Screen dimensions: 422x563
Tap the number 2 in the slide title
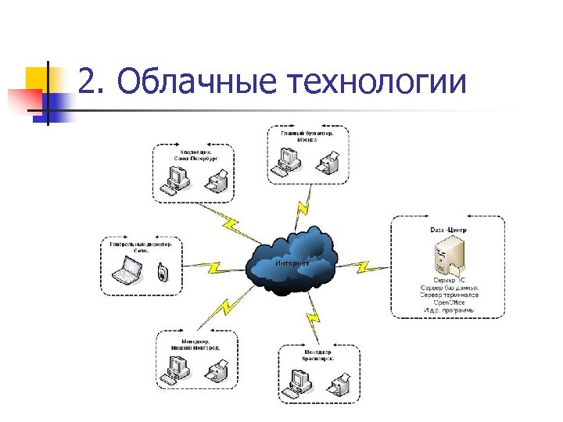(x=88, y=82)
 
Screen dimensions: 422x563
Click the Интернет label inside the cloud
(x=292, y=263)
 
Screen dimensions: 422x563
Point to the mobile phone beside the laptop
(x=161, y=273)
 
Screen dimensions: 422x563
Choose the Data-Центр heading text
(x=447, y=229)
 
